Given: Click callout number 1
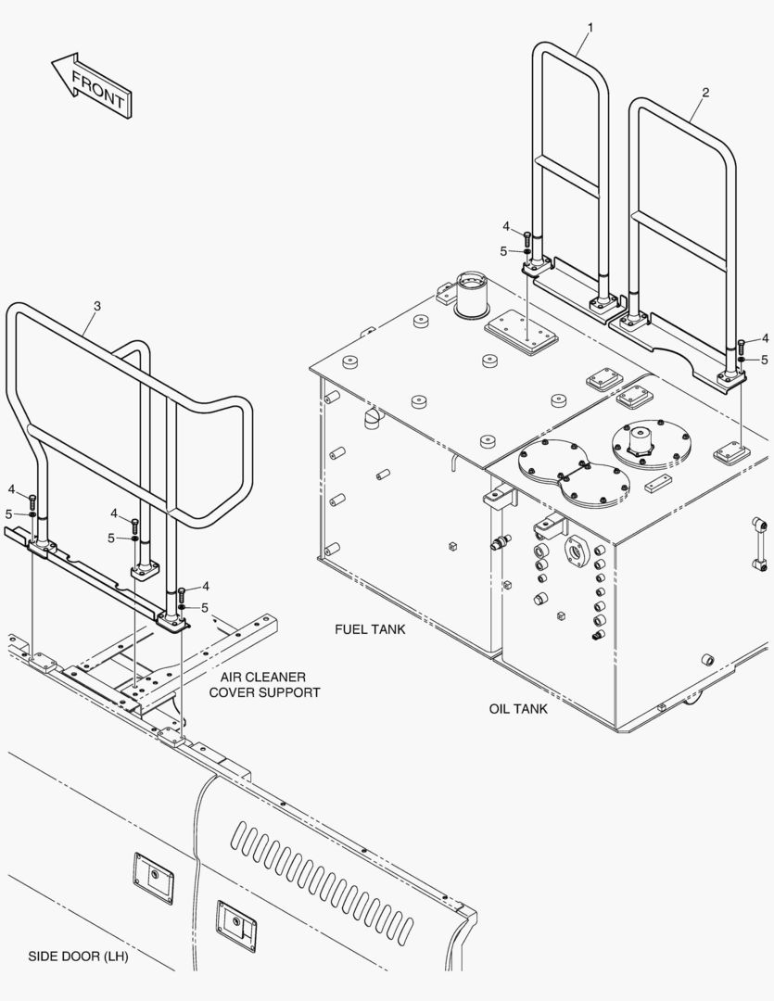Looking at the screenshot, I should click(590, 28).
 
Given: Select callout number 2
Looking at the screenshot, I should click(705, 93).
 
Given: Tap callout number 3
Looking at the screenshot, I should click(97, 306).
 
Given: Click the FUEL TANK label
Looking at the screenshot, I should click(370, 629).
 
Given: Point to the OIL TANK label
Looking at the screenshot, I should click(518, 709).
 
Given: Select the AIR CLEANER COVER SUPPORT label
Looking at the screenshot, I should click(264, 685).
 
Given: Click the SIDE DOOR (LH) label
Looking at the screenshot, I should click(78, 957).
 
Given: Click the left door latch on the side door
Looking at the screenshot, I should click(153, 877).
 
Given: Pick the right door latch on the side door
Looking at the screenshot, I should click(235, 921).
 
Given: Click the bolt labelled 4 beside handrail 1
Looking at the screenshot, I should click(528, 238).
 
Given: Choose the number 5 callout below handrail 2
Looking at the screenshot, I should click(765, 360).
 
